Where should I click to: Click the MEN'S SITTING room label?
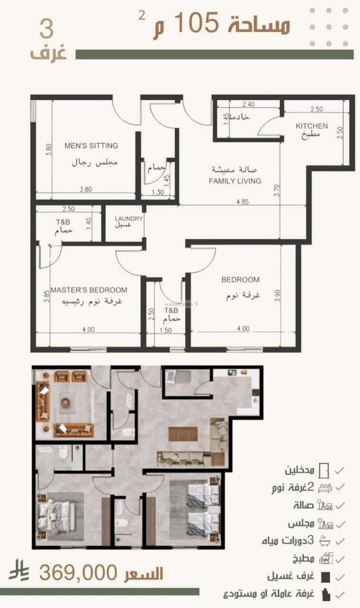pos(91,146)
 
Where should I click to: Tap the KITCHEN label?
pos(312,126)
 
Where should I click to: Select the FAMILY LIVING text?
pos(236,181)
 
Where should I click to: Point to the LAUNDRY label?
pos(128,218)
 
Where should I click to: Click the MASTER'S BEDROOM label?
pos(89,290)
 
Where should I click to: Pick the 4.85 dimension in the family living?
pos(243,201)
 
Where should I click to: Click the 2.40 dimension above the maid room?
pos(249,104)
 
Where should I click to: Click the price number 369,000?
pos(78,573)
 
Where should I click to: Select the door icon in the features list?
pos(324,471)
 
